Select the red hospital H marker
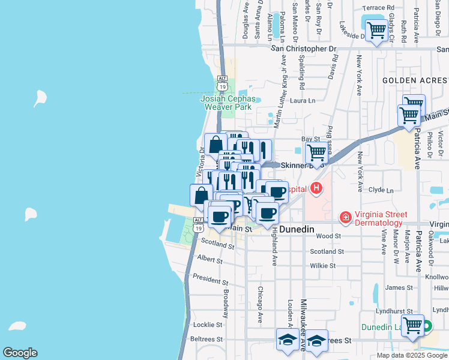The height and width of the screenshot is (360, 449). click(316, 190)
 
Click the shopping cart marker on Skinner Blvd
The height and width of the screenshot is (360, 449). click(316, 153)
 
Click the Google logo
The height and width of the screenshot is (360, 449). click(20, 353)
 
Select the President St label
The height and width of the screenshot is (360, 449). click(211, 279)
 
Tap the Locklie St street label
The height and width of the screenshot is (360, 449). click(208, 324)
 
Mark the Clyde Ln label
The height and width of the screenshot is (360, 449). click(381, 190)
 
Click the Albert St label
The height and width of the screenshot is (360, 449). click(209, 260)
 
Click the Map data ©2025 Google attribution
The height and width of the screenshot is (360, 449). click(411, 355)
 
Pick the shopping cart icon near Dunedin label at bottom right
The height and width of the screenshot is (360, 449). click(412, 326)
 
